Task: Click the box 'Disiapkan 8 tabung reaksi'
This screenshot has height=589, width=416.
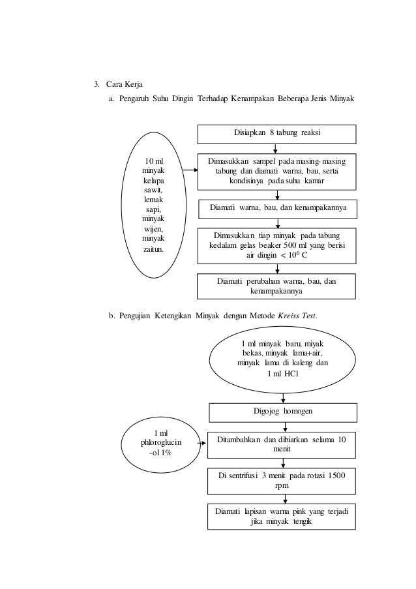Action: point(278,133)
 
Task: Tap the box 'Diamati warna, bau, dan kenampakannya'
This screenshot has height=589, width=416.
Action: point(278,209)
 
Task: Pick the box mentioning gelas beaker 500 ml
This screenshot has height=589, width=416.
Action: point(278,245)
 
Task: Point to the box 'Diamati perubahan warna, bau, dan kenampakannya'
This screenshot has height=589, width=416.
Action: point(278,286)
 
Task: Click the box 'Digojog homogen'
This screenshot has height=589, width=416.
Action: point(282,412)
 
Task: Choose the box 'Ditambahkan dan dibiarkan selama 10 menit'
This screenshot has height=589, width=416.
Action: point(282,445)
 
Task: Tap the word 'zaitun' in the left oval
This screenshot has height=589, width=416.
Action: point(153,249)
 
